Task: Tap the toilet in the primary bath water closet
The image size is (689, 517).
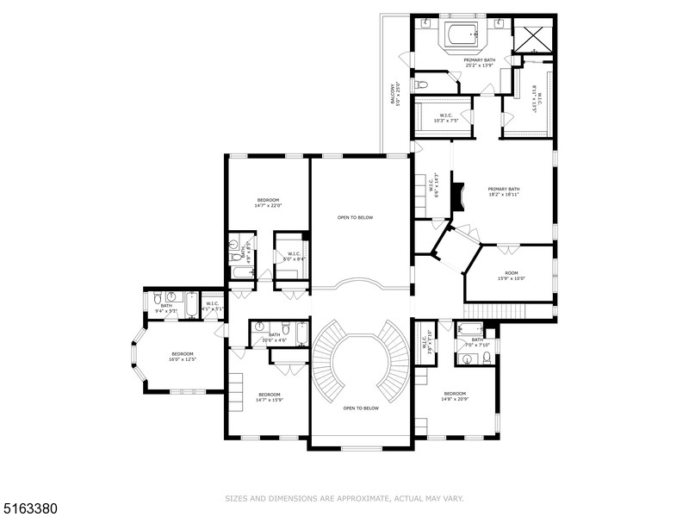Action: [x=421, y=84]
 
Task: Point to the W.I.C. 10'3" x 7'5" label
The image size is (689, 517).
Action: [x=445, y=117]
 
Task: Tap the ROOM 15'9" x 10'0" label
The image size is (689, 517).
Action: [x=510, y=276]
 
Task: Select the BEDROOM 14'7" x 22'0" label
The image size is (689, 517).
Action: [x=267, y=202]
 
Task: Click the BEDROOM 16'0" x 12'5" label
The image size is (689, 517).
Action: [x=181, y=357]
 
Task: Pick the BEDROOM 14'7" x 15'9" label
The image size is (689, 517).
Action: [x=269, y=397]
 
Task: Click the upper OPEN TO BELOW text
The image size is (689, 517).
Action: [x=355, y=217]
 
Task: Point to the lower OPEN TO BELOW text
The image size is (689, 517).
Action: [x=361, y=408]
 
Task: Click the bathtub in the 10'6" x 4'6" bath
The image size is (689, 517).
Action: [x=301, y=332]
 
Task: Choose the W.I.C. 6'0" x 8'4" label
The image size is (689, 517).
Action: [x=294, y=256]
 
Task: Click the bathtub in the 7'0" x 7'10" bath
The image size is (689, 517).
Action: [x=470, y=328]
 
